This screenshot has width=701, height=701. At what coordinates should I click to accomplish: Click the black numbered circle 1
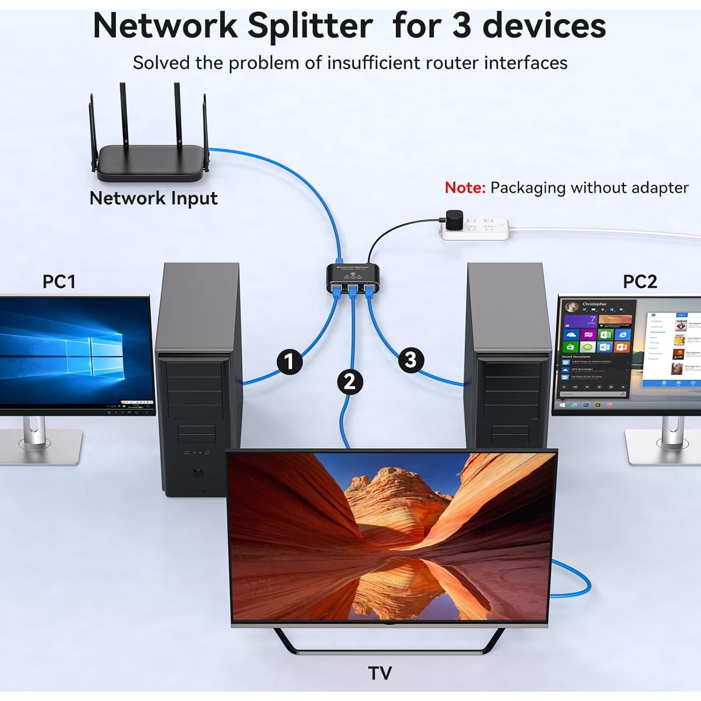click(x=289, y=362)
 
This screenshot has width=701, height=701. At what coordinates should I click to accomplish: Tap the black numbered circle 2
click(x=350, y=382)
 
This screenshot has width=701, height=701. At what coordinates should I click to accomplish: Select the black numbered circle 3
click(x=411, y=360)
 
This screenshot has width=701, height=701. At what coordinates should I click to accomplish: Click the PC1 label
click(x=59, y=282)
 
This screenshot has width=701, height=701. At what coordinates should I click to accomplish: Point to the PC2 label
click(x=640, y=282)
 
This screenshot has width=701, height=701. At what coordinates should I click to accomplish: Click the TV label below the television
click(x=379, y=673)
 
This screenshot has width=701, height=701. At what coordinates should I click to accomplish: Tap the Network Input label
click(x=153, y=198)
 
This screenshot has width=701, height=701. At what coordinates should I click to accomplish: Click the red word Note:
click(x=465, y=188)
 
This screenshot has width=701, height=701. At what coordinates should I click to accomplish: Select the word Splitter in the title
click(x=310, y=26)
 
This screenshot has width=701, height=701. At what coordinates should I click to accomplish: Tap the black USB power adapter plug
click(x=454, y=220)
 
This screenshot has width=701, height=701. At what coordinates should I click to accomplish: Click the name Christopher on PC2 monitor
click(x=594, y=304)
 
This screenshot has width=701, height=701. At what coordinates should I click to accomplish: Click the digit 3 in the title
click(x=462, y=26)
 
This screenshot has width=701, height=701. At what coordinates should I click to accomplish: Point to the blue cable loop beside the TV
click(x=579, y=579)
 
